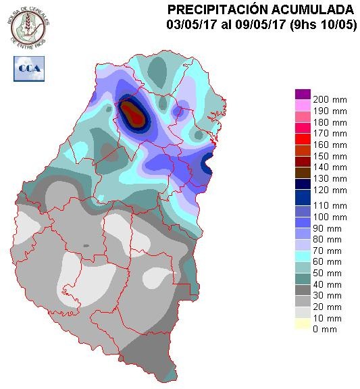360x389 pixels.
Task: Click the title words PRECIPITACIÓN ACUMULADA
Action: pyautogui.click(x=260, y=9)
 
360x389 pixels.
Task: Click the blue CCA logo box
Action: pyautogui.click(x=29, y=68)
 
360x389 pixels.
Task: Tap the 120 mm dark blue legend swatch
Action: pyautogui.click(x=303, y=188)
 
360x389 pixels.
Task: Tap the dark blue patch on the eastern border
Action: pyautogui.click(x=209, y=162)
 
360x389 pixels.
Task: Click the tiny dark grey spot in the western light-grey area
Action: pyautogui.click(x=86, y=245)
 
